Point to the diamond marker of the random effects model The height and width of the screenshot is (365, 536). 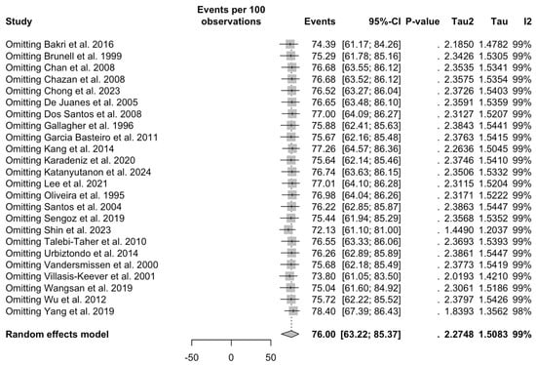pos(288,333)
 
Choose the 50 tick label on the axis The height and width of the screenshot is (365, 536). pos(270,357)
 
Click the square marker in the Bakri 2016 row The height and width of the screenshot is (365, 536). pos(288,45)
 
